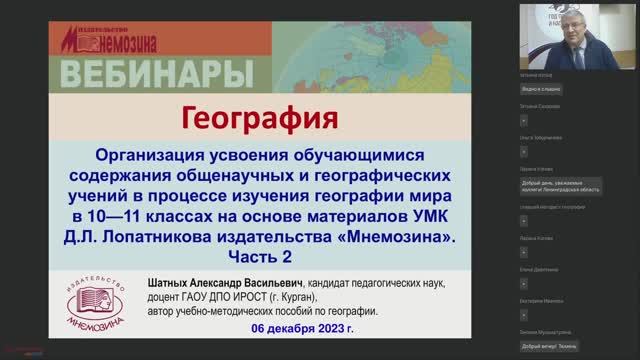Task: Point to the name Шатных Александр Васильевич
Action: tap(226, 283)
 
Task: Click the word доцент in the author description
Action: tap(166, 296)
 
